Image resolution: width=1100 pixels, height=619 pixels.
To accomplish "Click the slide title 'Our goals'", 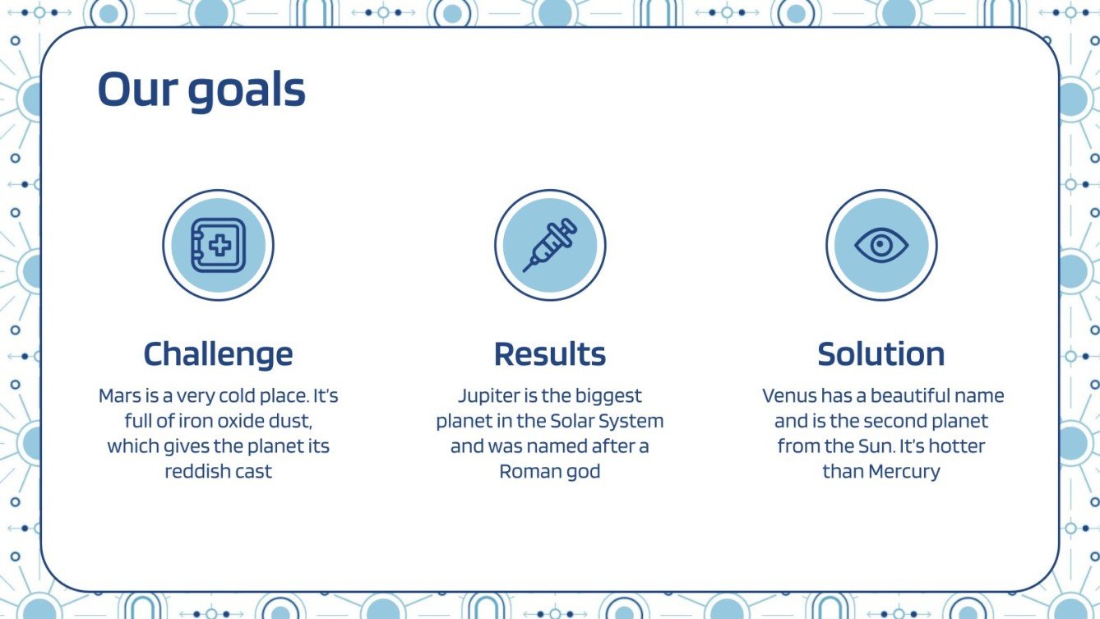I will pyautogui.click(x=201, y=90).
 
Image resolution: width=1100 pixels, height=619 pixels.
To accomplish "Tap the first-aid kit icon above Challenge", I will pyautogui.click(x=218, y=245).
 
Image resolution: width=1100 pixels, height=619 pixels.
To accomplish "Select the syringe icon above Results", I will pyautogui.click(x=550, y=245).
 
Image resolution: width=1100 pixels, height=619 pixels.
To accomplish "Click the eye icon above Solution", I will pyautogui.click(x=881, y=245).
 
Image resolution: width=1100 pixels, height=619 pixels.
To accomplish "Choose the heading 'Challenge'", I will pyautogui.click(x=218, y=354).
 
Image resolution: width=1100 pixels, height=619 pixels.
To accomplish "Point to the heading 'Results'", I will pyautogui.click(x=550, y=354).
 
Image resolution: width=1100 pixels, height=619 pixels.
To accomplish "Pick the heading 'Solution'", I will pyautogui.click(x=881, y=354).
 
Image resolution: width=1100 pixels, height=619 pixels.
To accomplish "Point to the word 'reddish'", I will pyautogui.click(x=196, y=472).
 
